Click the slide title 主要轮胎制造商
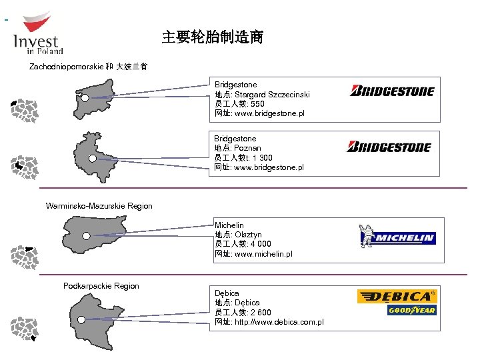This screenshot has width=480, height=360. click(212, 37)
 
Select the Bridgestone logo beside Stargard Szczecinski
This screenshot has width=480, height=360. click(392, 91)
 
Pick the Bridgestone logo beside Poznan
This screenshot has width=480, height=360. click(389, 146)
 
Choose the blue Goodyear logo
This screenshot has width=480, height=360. click(411, 310)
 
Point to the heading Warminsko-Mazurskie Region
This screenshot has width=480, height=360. click(99, 206)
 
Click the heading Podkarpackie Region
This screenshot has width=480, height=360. click(101, 286)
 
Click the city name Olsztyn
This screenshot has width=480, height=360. click(248, 235)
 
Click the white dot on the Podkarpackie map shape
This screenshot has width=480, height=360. click(81, 319)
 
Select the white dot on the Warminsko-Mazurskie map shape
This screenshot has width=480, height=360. click(86, 235)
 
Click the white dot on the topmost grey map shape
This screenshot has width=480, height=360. click(85, 98)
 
